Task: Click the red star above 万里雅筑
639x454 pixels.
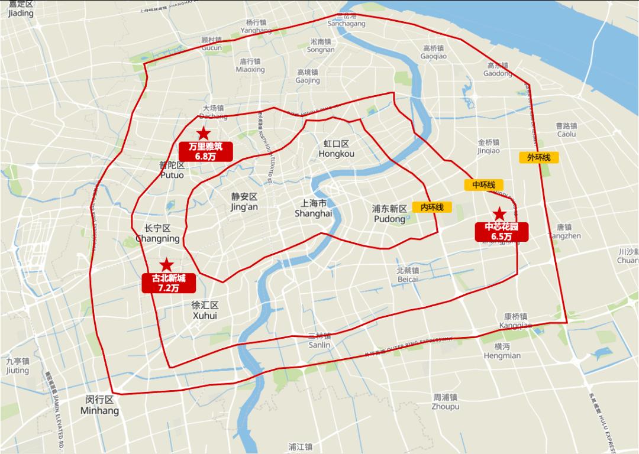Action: pos(203,134)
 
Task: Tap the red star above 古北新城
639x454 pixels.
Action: pos(167,265)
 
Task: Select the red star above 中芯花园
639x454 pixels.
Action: pos(500,214)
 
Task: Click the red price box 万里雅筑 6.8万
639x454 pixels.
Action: pos(206,152)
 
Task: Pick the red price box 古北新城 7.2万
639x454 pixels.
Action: pos(169,283)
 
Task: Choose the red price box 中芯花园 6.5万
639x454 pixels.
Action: pos(502,231)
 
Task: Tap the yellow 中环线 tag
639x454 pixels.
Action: pos(483,185)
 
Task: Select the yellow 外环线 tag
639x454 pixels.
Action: pos(539,157)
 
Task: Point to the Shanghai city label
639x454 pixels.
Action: pos(314,208)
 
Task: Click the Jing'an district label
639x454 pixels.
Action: pos(244,202)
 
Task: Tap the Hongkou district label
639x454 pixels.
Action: pos(336,149)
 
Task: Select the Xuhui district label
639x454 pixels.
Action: pos(205,310)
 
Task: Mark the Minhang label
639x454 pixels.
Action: pos(99,405)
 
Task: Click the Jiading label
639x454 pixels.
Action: pos(21,9)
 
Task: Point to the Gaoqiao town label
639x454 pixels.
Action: pos(434,52)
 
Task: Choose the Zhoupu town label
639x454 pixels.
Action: pos(445,402)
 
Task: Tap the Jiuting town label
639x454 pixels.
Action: pos(17,365)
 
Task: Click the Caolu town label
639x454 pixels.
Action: pos(566,130)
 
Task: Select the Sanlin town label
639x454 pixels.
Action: pos(319,340)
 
